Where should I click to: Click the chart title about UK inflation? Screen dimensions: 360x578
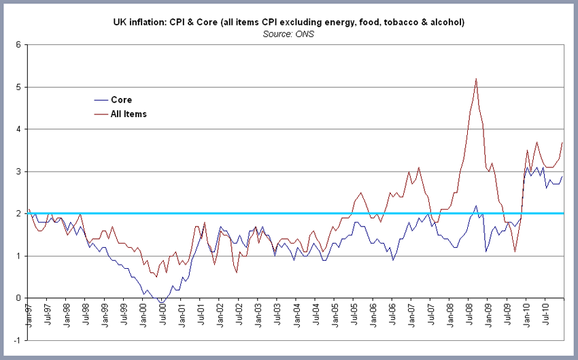coord(288,22)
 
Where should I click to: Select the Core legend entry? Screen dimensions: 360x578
coord(121,99)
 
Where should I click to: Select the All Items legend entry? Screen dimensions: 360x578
coord(129,114)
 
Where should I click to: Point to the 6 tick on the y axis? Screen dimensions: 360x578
coord(20,45)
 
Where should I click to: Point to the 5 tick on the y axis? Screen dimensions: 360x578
coord(20,87)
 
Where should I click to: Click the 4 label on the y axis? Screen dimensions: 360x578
coord(20,129)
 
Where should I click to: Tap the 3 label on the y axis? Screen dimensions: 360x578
coord(20,171)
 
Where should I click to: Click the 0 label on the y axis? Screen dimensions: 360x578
coord(20,298)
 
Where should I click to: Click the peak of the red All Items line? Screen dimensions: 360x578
coord(476,79)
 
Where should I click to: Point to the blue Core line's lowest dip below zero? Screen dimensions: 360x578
coord(160,302)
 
